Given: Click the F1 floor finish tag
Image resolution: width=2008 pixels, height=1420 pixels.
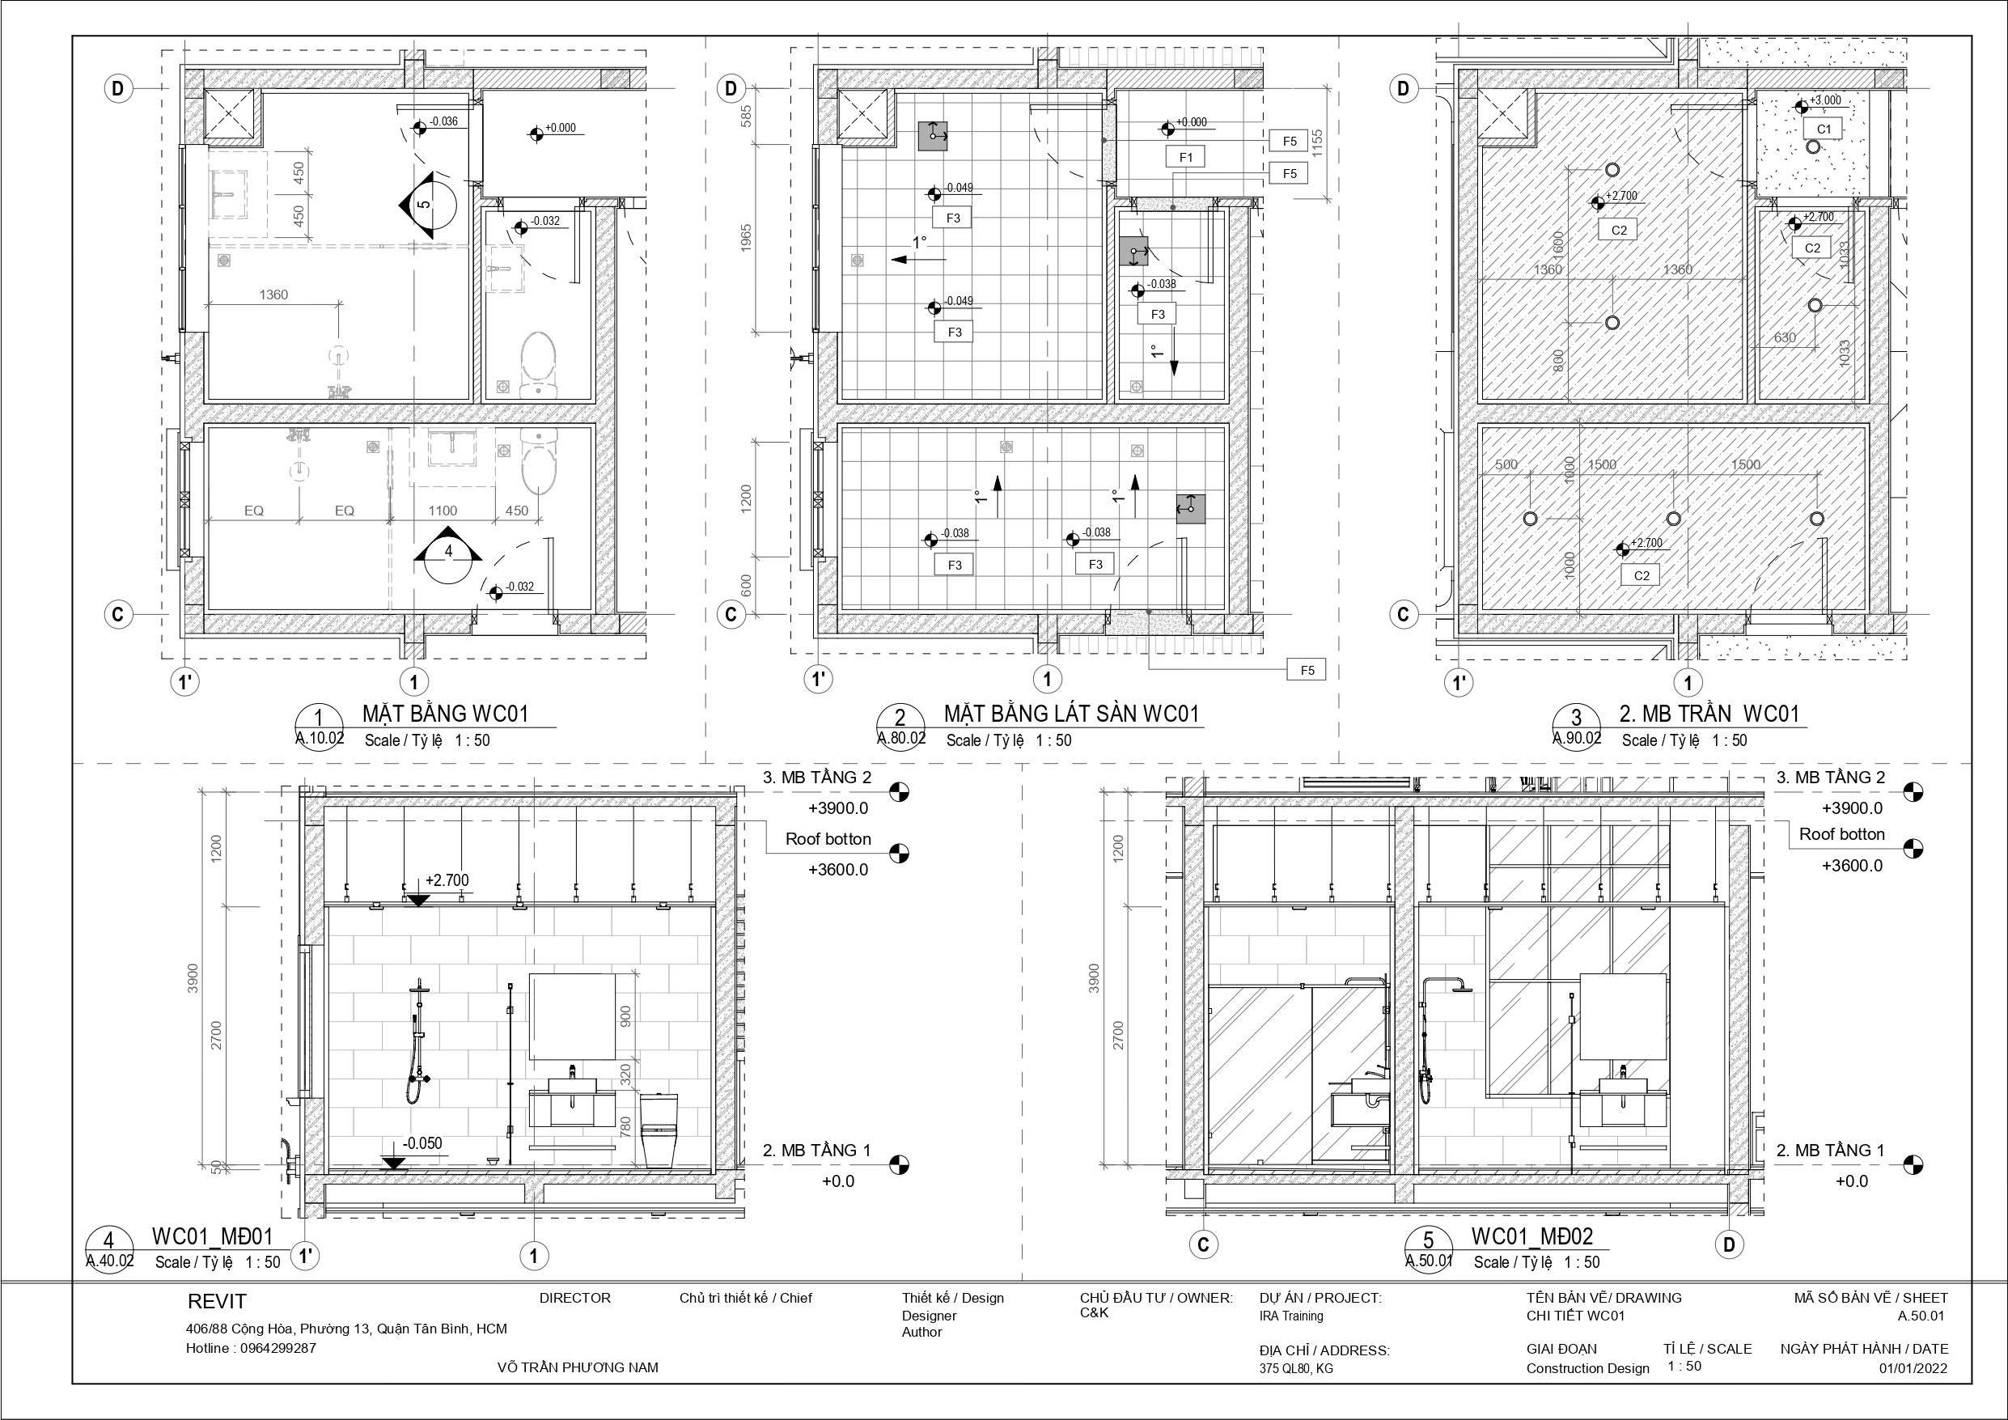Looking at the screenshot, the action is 1186,158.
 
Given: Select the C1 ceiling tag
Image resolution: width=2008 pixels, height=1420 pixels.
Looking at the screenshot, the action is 1824,129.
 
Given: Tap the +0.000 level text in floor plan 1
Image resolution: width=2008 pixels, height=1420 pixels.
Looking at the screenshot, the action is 561,128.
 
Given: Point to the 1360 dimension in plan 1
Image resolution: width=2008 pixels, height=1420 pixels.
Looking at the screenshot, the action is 273,295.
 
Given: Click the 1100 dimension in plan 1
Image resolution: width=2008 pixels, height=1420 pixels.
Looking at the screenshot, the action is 443,511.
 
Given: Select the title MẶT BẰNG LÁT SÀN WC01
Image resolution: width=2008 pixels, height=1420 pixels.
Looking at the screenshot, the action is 1071,714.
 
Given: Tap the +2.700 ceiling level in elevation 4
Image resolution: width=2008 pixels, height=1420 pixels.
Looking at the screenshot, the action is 447,880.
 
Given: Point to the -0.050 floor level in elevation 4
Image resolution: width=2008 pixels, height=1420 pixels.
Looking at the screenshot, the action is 422,1143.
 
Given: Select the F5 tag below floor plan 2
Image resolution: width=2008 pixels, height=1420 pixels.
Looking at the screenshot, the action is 1307,670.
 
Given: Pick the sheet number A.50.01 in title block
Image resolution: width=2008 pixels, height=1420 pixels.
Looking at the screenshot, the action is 1921,1316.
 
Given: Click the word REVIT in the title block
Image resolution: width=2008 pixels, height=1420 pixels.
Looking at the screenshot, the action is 217,1302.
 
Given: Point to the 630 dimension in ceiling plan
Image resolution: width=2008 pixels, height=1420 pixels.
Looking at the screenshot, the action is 1785,337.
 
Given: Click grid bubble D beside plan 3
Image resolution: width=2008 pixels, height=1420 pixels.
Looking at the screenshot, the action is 1404,88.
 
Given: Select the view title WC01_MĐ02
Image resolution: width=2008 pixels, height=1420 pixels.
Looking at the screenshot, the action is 1532,1236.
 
